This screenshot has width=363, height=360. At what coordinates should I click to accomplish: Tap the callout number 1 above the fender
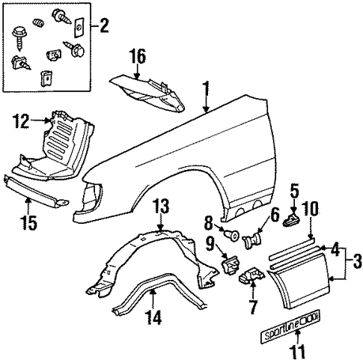coord(206,91)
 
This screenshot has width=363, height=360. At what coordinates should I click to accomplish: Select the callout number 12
coord(21,121)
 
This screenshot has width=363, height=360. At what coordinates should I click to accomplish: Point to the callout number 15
coord(28,222)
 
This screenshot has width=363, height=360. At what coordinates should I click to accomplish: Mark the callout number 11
coord(298,352)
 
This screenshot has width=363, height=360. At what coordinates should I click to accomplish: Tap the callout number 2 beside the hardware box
coord(104,25)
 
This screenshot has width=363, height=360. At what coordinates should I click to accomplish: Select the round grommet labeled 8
coord(232,235)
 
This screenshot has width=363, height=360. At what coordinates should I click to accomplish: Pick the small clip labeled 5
coord(291,220)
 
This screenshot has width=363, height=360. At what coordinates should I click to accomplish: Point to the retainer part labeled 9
coord(230,265)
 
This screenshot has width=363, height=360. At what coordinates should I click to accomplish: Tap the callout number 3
coord(357,261)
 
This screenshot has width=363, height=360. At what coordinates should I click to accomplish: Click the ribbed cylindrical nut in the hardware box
coord(39,23)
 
